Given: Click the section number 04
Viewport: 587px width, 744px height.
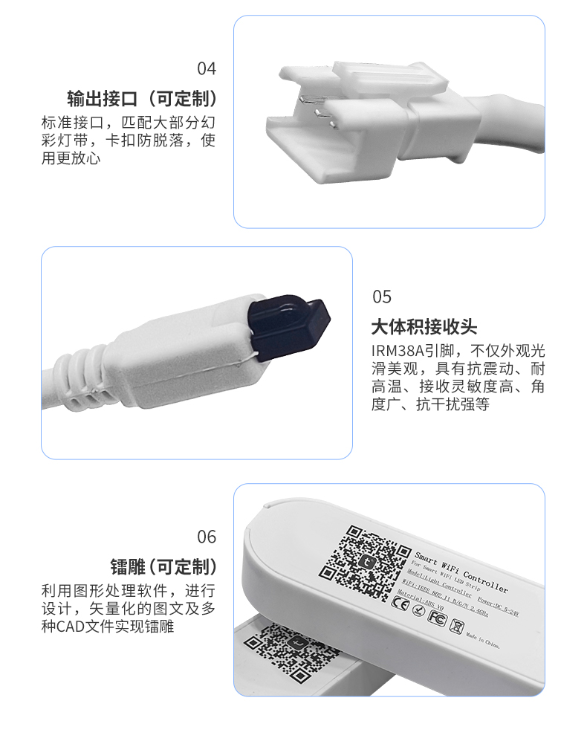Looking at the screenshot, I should (207, 69).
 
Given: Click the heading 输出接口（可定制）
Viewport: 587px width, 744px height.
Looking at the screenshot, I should (142, 99).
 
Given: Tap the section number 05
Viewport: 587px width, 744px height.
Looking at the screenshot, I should (381, 297).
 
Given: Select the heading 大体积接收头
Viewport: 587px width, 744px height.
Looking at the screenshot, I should (424, 328).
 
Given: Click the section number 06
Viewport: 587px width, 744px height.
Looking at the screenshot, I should (207, 537).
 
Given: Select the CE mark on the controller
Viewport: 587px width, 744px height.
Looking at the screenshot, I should (399, 604).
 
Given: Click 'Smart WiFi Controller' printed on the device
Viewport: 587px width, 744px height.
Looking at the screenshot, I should (461, 572).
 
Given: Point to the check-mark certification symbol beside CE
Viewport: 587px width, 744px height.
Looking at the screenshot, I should (418, 611).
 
